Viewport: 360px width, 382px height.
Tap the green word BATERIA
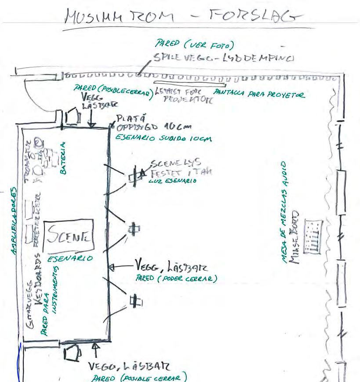click(x=64, y=158)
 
